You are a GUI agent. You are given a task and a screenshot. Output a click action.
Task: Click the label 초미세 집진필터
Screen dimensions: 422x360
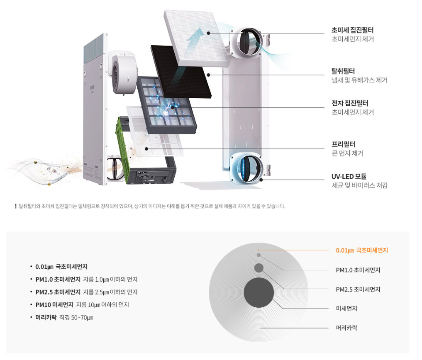[352, 30]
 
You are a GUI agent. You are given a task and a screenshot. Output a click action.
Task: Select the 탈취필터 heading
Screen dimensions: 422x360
[343, 71]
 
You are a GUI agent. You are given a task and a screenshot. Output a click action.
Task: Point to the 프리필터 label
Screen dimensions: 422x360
[343, 144]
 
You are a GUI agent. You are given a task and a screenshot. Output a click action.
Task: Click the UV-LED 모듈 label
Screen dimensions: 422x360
[349, 176]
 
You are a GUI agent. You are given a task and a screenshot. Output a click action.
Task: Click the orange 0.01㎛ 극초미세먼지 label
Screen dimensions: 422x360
[362, 250]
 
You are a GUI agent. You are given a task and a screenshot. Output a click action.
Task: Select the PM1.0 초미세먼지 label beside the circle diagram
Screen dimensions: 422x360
[358, 270]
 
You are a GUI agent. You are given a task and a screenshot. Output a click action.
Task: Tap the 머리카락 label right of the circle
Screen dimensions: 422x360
[346, 328]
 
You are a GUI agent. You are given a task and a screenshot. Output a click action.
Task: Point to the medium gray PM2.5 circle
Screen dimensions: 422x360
[259, 268]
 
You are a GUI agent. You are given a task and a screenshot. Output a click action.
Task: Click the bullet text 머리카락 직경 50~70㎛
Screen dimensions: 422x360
[64, 317]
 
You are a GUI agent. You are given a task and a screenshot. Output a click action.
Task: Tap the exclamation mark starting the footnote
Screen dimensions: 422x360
[15, 206]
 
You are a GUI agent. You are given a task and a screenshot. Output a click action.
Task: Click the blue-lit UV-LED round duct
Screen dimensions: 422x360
[247, 167]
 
